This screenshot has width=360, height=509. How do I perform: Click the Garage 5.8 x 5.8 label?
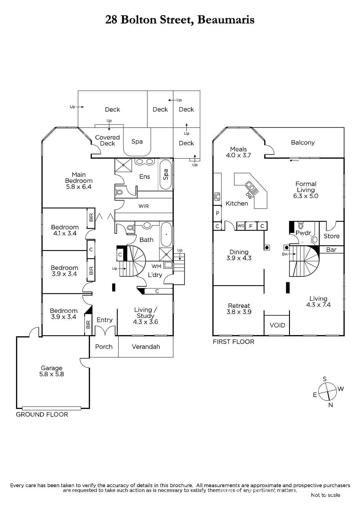52,371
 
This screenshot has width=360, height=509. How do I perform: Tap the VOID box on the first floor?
277,325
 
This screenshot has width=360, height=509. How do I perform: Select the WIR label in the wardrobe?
144,206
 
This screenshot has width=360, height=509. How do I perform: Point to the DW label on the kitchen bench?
249,195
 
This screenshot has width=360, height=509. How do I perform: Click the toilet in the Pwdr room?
301,226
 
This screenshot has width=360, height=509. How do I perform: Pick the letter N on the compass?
331,405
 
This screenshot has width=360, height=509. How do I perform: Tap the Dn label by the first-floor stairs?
285,254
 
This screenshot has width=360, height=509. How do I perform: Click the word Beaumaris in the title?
226,20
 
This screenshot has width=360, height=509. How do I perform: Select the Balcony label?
303,143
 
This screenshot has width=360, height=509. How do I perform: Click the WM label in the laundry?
157,266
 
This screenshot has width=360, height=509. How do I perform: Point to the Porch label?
104,346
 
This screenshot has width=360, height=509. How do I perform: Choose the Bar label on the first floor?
331,249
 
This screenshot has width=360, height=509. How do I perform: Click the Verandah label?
146,346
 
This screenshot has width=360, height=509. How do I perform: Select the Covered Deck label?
107,140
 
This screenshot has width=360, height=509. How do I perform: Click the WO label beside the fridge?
241,226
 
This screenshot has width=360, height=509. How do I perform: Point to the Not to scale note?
325,495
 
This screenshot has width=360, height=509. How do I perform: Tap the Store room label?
331,236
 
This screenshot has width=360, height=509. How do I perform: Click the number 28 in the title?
111,20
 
